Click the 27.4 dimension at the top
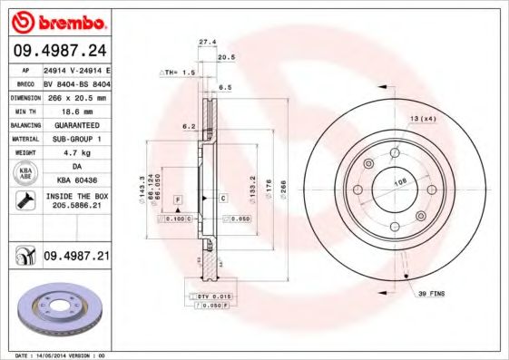click(x=207, y=42)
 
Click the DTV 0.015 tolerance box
click(x=210, y=297)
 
